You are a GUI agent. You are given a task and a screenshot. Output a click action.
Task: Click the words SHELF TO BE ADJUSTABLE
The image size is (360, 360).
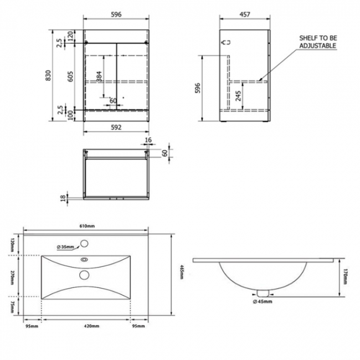pos(317,42)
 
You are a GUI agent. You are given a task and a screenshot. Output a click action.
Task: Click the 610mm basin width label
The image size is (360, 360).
pos(87,226)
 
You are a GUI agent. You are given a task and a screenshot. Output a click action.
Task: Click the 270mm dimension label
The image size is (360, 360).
pos(13,276)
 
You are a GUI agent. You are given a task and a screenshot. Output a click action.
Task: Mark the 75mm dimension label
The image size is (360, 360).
pos(13,306)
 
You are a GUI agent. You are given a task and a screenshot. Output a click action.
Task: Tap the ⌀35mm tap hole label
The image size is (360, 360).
pos(65,247)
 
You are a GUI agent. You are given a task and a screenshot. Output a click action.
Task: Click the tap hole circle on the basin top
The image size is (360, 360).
pos(85,243)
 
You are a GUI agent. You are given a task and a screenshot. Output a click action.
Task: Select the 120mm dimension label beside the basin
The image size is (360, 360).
pos(13,244)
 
